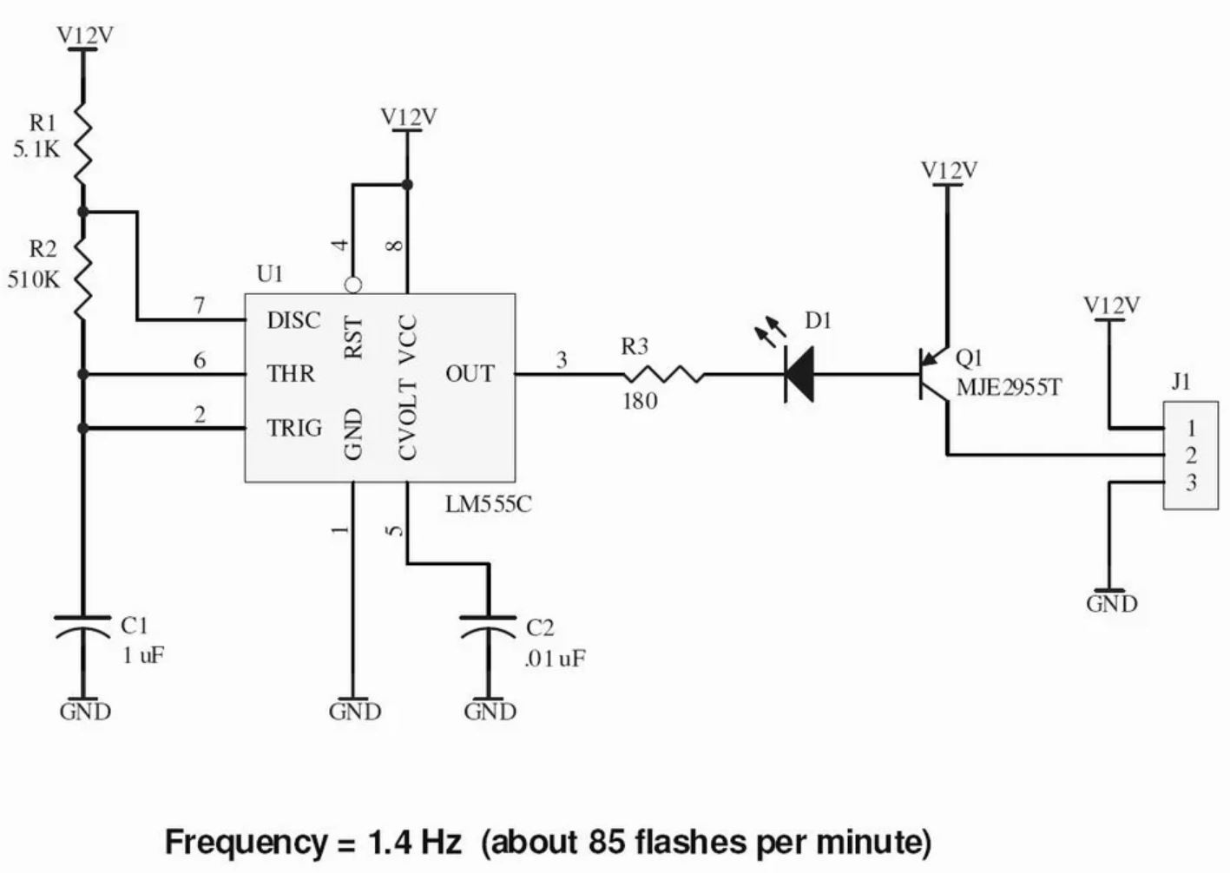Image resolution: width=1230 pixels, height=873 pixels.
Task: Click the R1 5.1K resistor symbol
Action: tap(82, 143)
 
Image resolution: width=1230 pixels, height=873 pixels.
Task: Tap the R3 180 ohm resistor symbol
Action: tap(662, 375)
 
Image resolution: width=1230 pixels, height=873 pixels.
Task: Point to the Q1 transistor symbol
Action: tap(934, 375)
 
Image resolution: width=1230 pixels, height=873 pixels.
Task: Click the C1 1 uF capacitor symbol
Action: tap(83, 627)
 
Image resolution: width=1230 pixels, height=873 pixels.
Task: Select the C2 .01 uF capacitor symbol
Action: tap(489, 627)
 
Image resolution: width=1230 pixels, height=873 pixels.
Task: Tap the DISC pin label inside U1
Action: tap(293, 321)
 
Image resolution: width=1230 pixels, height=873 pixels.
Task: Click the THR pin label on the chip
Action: tap(291, 374)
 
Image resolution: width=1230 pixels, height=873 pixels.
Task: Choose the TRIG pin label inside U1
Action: tap(294, 428)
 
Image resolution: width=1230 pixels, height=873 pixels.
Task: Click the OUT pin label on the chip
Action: tap(470, 374)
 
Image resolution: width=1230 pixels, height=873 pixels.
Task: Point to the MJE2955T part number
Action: tap(1009, 387)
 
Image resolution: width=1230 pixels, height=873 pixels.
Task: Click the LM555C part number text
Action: tap(488, 504)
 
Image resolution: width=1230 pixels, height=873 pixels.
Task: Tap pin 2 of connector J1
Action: tap(1191, 455)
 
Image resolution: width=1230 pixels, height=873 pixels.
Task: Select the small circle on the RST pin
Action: tap(353, 285)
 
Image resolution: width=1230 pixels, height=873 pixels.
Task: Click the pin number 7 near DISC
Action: tap(200, 305)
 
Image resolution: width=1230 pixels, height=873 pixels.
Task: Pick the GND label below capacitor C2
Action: tap(490, 712)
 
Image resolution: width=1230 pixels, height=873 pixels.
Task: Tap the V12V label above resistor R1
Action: tap(85, 36)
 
